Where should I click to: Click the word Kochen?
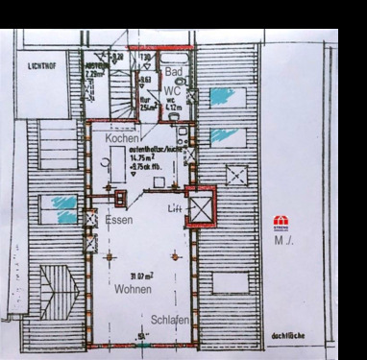122,139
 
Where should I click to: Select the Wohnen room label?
134,288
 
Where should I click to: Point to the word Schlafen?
169,320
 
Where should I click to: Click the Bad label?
174,73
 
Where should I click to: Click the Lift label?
174,208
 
